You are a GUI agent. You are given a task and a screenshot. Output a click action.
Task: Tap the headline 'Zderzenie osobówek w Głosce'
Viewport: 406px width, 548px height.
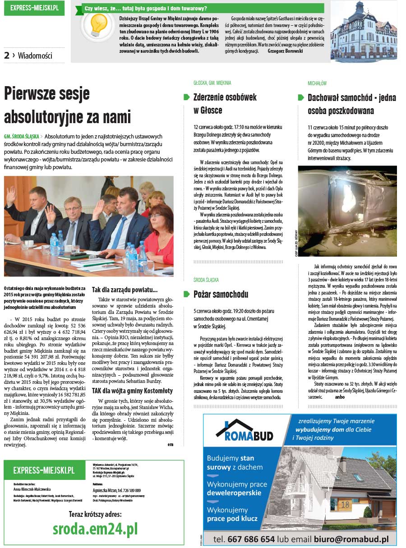point(225,103)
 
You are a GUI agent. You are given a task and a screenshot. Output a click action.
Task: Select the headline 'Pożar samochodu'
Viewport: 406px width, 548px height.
point(221,295)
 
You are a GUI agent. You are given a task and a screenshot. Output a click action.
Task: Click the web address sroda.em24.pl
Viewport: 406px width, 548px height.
point(95,528)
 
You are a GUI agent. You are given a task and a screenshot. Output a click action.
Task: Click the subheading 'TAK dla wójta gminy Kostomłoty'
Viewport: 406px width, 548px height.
point(132,391)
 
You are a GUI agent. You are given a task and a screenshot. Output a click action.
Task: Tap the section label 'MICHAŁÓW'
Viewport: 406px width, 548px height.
point(317,83)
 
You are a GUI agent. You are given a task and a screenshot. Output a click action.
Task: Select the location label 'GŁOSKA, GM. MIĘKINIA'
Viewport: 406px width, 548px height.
point(212,83)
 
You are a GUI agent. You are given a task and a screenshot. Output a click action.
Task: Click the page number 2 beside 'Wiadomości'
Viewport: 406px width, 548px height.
point(7,55)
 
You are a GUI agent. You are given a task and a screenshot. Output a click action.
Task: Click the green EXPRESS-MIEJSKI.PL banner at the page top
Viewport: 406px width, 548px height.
point(34,8)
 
